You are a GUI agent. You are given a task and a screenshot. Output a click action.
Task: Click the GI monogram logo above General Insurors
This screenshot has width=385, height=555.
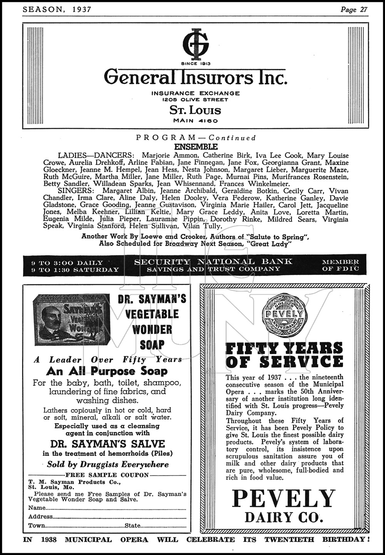tap(196, 43)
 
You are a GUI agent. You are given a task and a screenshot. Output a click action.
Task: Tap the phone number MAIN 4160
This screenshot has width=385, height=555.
tap(196, 121)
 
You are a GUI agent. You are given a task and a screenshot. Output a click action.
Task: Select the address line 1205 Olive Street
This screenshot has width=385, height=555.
tap(195, 100)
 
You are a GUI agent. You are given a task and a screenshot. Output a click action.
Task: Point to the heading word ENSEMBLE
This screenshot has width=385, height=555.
tap(196, 147)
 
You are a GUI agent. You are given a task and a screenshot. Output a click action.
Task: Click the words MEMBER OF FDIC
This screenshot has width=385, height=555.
tap(340, 265)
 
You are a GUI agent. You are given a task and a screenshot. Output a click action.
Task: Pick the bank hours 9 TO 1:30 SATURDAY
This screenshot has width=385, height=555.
tap(75, 270)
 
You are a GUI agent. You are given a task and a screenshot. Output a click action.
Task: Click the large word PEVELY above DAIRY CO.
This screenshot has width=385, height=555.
tap(284, 499)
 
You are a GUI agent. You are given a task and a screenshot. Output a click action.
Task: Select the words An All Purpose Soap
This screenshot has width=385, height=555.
tap(107, 371)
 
